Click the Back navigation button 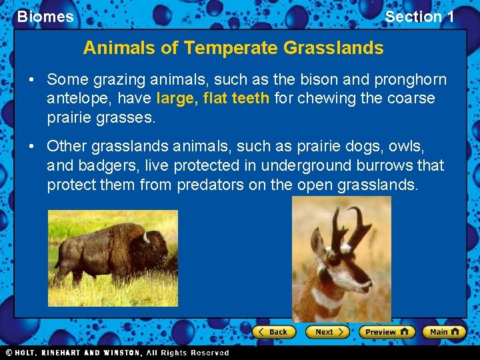273,331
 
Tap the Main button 444,331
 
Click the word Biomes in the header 45,17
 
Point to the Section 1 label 419,17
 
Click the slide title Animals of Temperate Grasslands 233,48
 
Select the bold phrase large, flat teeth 213,99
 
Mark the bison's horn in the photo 145,237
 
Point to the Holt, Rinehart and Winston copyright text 117,353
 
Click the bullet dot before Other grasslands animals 31,146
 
